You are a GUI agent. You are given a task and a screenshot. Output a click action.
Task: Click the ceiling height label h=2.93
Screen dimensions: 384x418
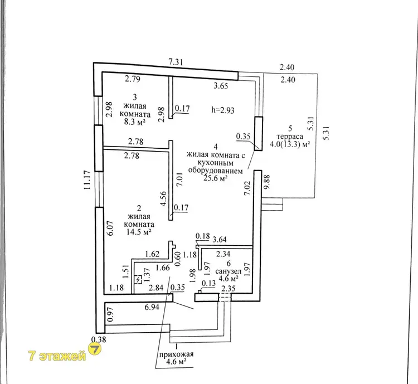(223, 110)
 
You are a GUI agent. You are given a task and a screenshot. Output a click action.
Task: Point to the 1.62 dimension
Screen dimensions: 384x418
(153, 254)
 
